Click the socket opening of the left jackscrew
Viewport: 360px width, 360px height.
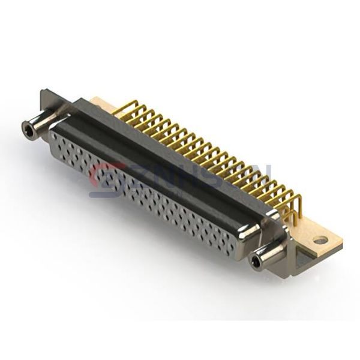click(27, 127)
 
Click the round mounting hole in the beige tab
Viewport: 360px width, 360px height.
click(320, 241)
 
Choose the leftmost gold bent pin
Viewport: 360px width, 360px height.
click(118, 107)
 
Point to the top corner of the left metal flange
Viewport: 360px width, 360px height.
click(43, 92)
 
